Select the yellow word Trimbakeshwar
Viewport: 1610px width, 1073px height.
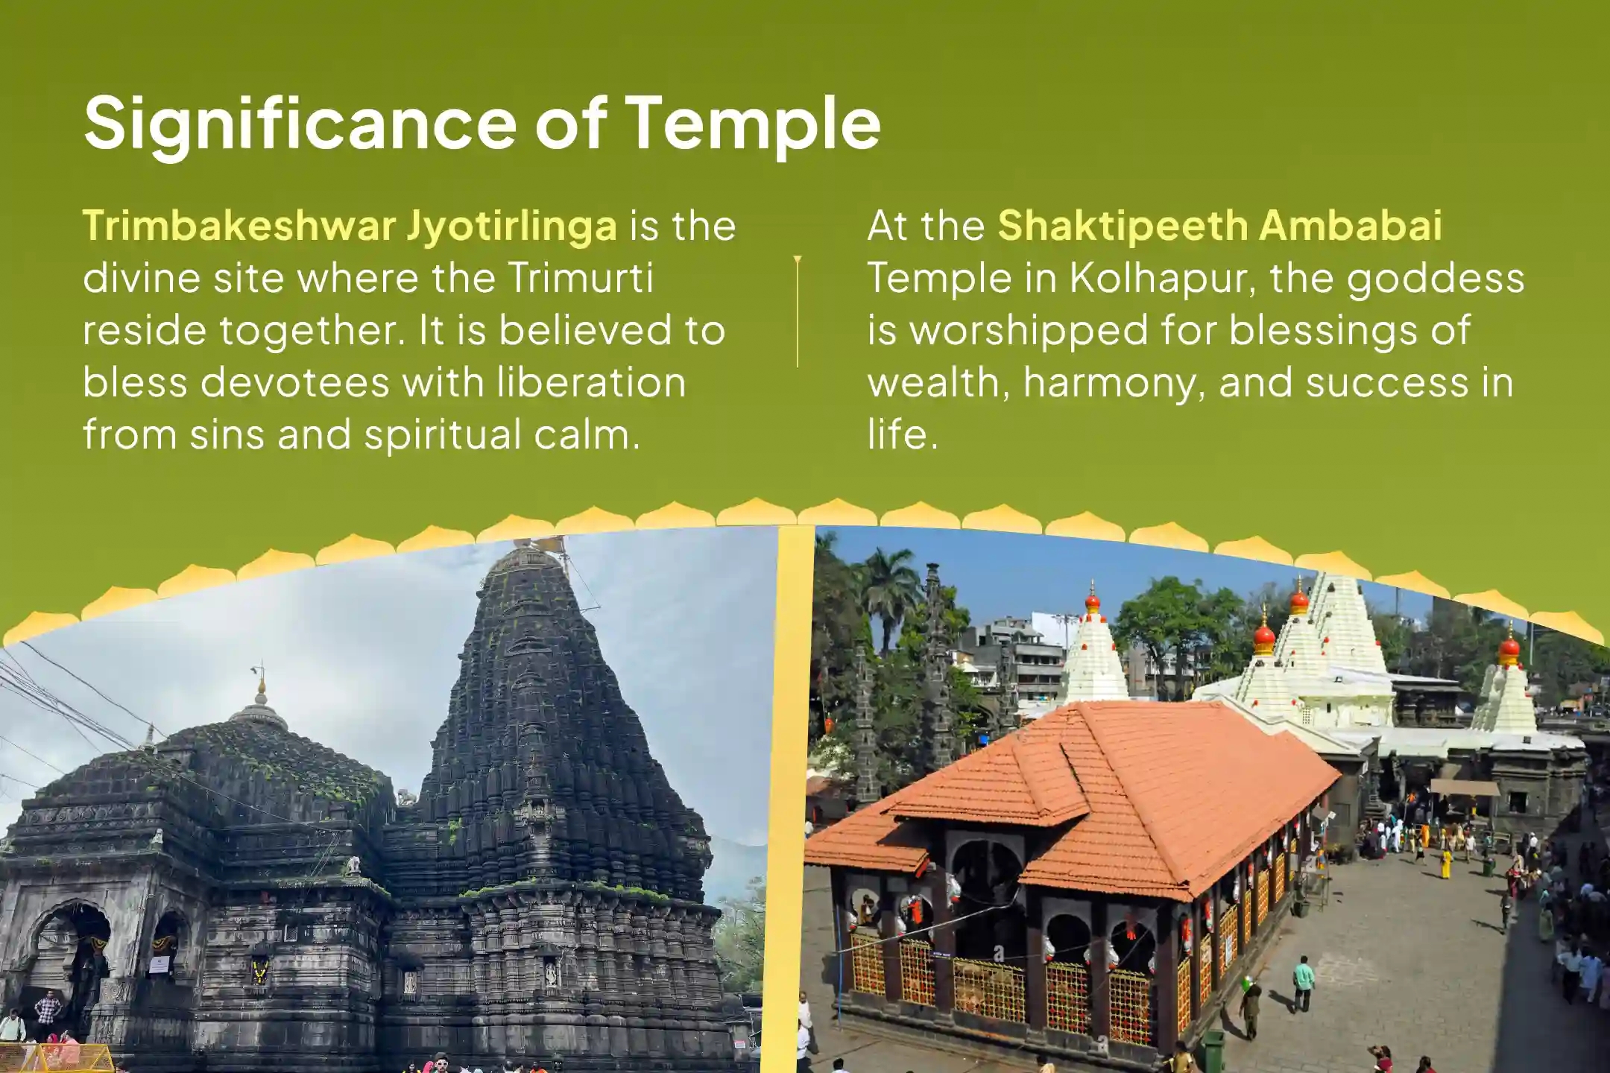[x=238, y=225]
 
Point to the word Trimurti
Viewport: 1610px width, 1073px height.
[x=581, y=277]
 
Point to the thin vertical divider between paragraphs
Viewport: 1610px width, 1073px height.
[x=798, y=311]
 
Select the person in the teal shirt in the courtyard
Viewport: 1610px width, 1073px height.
[x=1303, y=983]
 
